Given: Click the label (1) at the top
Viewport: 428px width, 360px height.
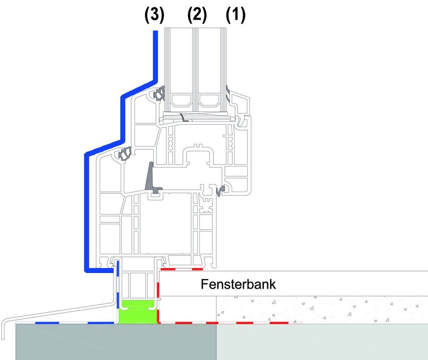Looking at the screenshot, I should click(235, 15).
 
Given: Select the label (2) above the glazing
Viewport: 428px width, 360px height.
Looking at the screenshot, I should click(197, 15).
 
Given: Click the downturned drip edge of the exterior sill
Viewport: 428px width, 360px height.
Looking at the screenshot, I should click(3, 330).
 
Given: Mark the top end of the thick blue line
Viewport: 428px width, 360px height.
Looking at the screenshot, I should click(156, 33).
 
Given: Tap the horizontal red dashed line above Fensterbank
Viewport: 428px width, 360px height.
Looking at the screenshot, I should click(182, 269).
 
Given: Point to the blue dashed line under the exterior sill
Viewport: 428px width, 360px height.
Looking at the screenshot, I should click(74, 323).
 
